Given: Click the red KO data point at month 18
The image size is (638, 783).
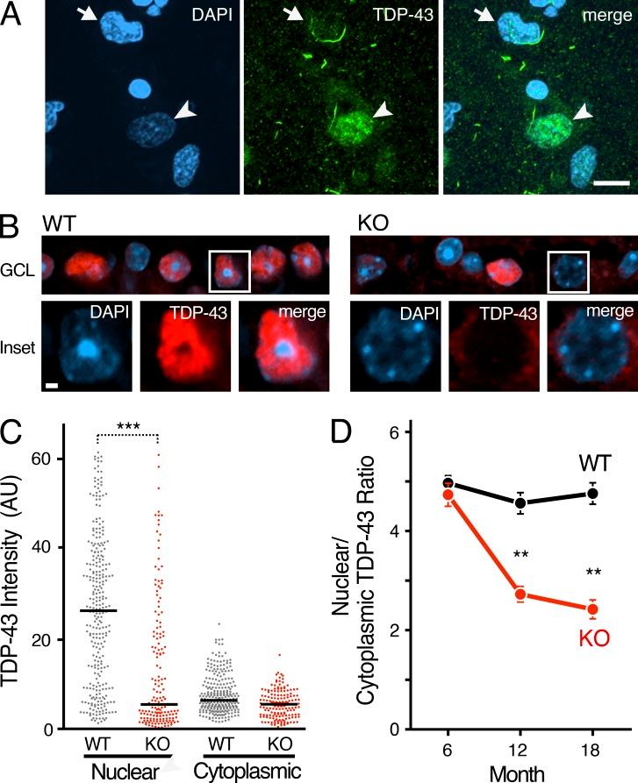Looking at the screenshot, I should (x=592, y=609).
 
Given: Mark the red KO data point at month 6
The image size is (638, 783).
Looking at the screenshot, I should (x=448, y=495).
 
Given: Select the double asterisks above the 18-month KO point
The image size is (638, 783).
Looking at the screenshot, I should (x=593, y=573).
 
